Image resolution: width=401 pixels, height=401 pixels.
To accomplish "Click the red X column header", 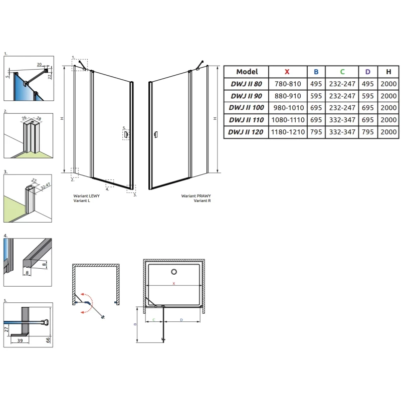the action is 287,72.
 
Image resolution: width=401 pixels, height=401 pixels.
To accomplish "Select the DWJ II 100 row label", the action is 246,108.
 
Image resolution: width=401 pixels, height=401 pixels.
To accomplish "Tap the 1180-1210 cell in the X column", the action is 288,132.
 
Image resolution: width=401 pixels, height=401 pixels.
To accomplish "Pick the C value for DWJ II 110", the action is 342,120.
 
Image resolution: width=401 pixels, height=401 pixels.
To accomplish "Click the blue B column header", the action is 316,72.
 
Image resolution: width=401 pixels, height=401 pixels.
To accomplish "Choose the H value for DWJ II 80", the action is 388,84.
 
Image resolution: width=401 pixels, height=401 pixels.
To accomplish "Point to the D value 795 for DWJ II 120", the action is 368,132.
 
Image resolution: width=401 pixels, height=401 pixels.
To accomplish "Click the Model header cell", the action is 247,72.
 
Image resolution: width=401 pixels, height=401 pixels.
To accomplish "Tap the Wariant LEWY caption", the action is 86,196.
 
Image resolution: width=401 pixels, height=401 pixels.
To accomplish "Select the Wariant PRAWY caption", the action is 196,196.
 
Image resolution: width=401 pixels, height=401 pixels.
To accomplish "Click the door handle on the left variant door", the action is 126,134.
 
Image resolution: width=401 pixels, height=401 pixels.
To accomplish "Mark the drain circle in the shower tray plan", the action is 174,272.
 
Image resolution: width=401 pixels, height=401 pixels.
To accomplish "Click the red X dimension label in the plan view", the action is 174,283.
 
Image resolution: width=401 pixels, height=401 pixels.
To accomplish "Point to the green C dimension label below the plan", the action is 154,320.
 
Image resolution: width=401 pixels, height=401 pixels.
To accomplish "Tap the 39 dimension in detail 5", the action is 20,341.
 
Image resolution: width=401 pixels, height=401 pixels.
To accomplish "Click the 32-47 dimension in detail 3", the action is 46,186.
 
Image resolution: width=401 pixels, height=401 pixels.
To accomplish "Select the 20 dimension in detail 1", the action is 39,65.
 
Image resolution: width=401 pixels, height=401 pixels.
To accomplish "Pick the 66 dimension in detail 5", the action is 48,340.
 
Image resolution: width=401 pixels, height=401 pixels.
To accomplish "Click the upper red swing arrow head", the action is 83,294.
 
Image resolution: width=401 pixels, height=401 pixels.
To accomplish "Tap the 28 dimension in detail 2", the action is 39,118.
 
